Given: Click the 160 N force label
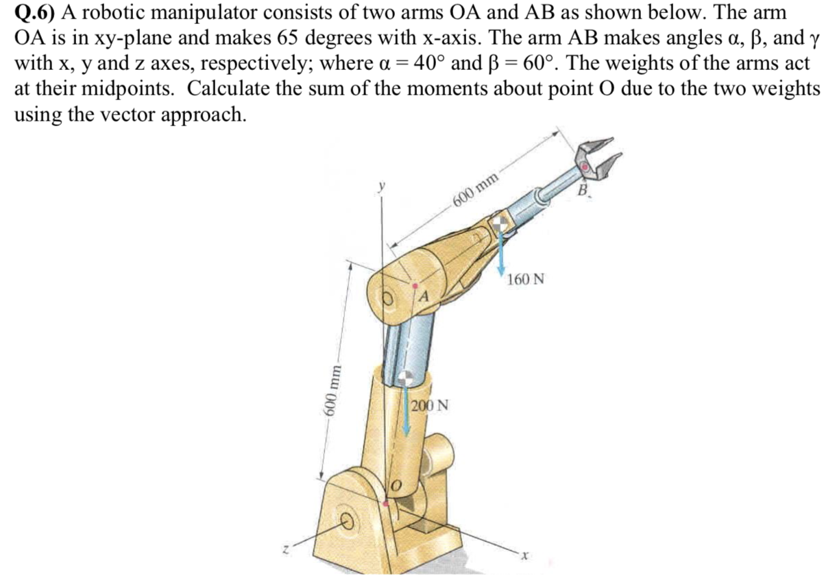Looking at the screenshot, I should point(527,279).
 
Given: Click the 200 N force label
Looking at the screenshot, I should point(431,405).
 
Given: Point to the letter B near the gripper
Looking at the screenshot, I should point(584,189).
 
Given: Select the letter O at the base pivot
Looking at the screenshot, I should point(396,486).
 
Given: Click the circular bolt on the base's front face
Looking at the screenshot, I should point(347,523).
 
